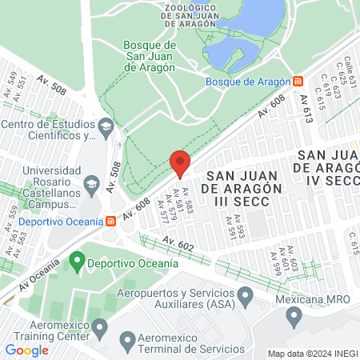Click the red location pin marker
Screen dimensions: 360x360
(180, 163)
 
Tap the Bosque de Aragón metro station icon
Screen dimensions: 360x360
(298, 81)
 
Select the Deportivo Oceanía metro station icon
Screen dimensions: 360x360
(111, 221)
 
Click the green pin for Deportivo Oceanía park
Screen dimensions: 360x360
(78, 261)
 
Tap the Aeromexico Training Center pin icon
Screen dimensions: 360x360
(100, 326)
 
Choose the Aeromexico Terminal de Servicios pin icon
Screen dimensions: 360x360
(127, 342)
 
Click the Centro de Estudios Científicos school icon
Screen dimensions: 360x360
(106, 126)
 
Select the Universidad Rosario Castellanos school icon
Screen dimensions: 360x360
(90, 185)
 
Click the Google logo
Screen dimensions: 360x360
(26, 350)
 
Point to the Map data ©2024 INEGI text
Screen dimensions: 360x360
(311, 354)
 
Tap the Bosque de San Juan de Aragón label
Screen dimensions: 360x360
(150, 56)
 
